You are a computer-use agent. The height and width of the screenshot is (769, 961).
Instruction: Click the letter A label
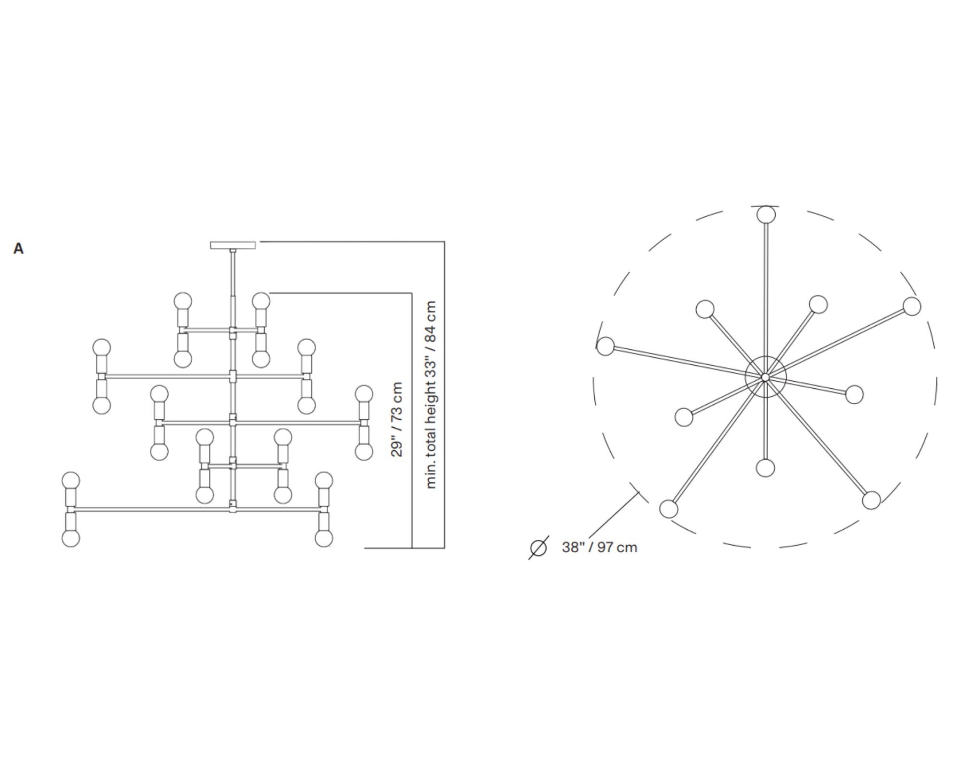pyautogui.click(x=18, y=248)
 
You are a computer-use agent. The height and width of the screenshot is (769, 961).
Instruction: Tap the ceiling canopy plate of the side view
pyautogui.click(x=233, y=245)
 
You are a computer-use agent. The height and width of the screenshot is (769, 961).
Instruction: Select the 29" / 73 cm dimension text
pyautogui.click(x=397, y=420)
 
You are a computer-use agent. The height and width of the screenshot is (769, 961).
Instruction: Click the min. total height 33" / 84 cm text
pyautogui.click(x=431, y=395)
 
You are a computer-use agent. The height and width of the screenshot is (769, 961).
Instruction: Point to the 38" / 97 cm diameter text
pyautogui.click(x=599, y=547)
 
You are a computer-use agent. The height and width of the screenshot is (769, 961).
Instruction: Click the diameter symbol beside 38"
pyautogui.click(x=538, y=548)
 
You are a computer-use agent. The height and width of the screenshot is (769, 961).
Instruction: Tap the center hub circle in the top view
pyautogui.click(x=766, y=377)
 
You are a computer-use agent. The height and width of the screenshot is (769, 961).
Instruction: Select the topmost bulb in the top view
pyautogui.click(x=766, y=215)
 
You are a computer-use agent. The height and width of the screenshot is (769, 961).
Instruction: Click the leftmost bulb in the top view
pyautogui.click(x=605, y=346)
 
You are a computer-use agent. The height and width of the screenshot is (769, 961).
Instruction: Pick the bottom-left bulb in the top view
pyautogui.click(x=668, y=509)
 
